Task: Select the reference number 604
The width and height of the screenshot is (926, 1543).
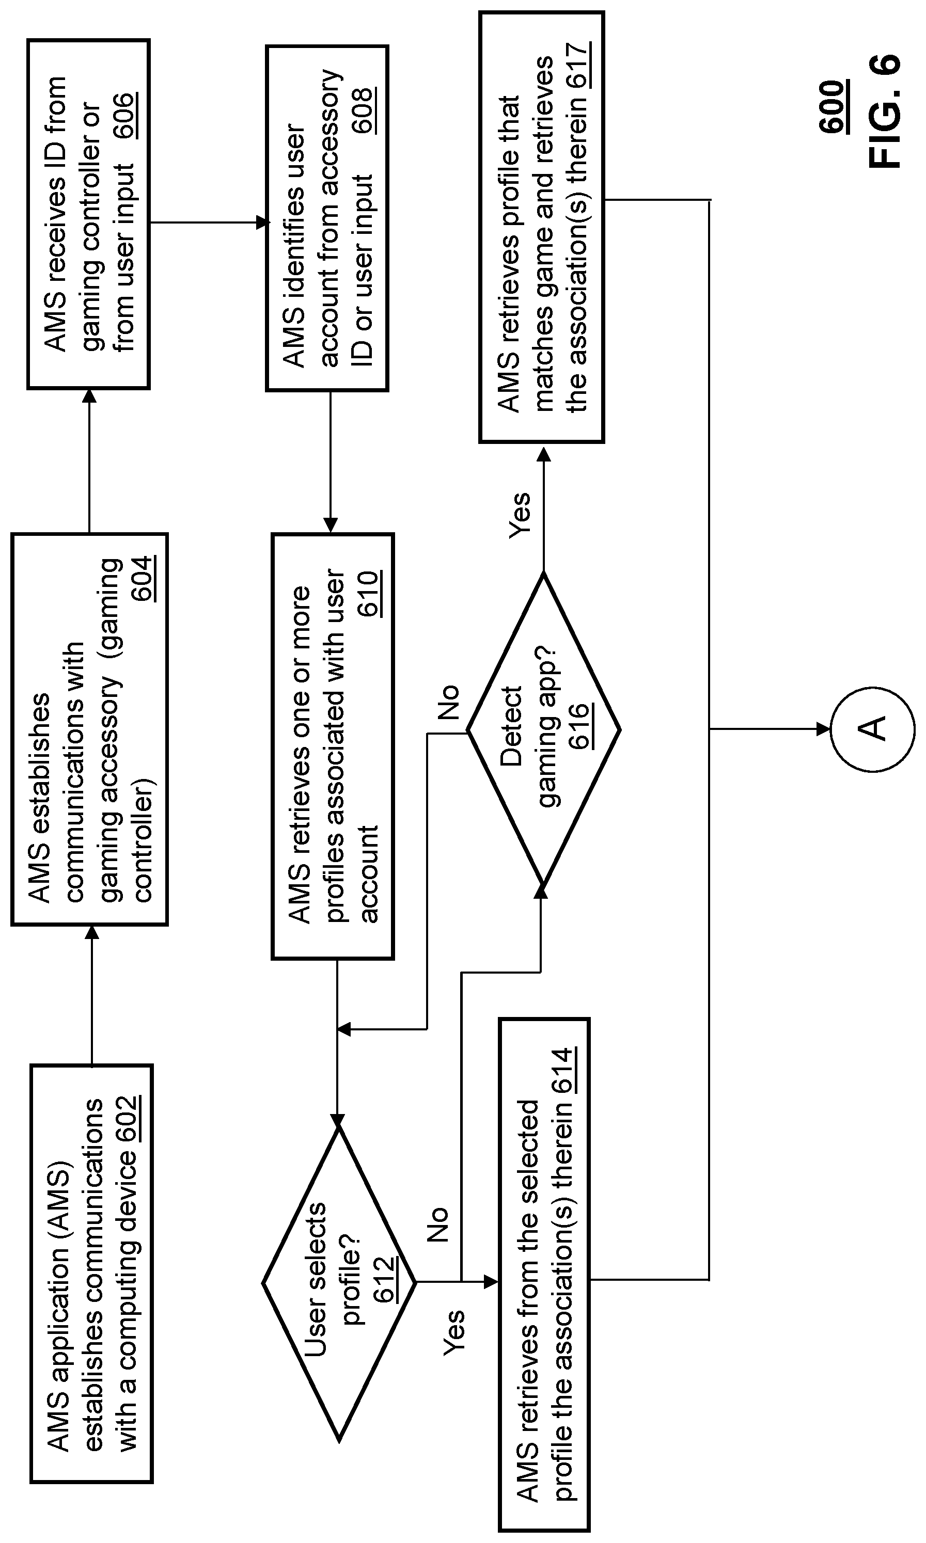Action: (x=144, y=578)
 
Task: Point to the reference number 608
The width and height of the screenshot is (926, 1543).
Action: (x=364, y=110)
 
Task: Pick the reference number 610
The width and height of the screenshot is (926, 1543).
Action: (x=369, y=593)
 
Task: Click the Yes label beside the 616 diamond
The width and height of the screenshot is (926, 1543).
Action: (x=520, y=515)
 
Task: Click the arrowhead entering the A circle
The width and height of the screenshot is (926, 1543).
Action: (x=824, y=729)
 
